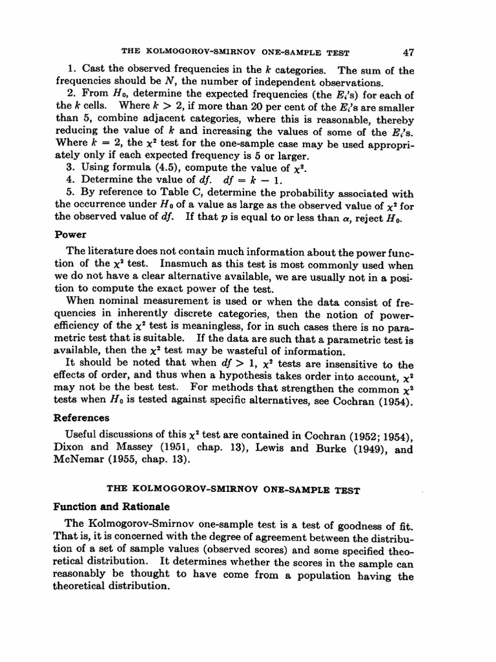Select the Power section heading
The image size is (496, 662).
pos(70,235)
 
